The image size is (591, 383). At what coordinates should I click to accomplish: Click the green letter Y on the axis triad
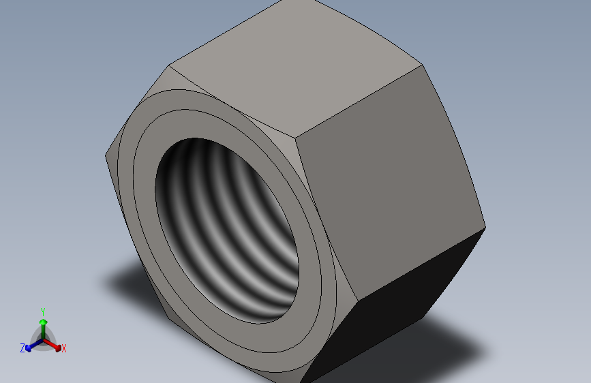[x=42, y=311]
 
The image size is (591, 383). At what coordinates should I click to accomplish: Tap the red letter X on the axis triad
[x=64, y=349]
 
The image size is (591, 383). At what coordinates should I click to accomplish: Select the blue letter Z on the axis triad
[x=22, y=348]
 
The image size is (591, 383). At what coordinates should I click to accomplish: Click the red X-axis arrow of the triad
[x=54, y=344]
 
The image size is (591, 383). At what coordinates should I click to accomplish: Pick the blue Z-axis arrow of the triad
[x=31, y=345]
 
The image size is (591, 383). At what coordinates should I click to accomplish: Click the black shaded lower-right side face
[x=395, y=313]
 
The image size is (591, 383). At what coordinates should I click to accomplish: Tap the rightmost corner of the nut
[x=485, y=227]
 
